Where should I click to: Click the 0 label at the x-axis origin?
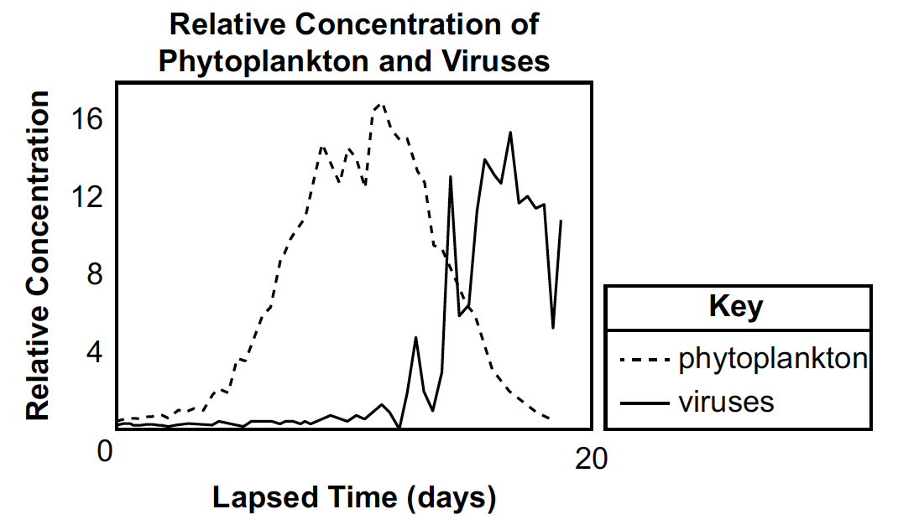[x=104, y=452]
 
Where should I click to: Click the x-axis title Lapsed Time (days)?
[x=353, y=498]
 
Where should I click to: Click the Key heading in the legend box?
[x=736, y=306]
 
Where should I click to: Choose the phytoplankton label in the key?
[x=772, y=359]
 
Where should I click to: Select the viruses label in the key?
[x=725, y=402]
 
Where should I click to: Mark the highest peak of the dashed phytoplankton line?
[x=381, y=104]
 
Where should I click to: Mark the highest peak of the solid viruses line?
[x=510, y=132]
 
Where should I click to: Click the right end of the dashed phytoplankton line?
[x=550, y=418]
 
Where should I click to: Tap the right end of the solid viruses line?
[x=561, y=221]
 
